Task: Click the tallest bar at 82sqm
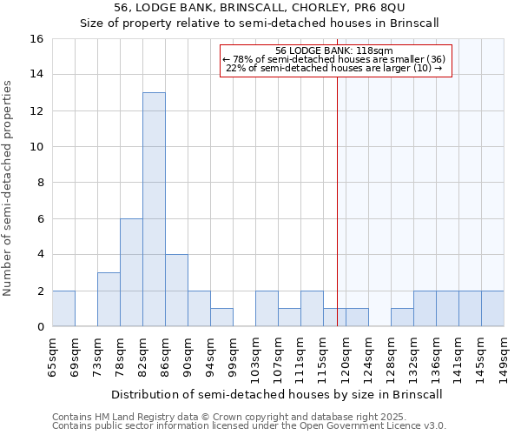tap(154, 209)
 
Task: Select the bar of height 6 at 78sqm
tap(131, 272)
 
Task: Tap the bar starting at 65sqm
tap(63, 309)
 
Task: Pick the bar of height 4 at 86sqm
tap(176, 291)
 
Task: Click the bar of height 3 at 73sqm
tap(109, 299)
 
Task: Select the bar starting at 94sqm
tap(221, 318)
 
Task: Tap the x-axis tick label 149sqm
tap(504, 355)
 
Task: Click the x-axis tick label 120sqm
tap(346, 355)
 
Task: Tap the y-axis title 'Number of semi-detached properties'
tap(9, 188)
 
